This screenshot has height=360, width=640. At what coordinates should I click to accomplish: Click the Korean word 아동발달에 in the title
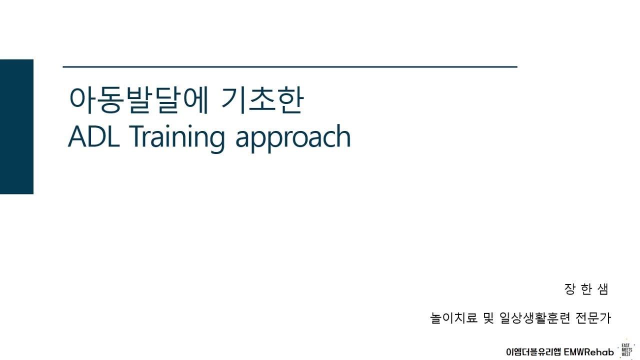tap(137, 101)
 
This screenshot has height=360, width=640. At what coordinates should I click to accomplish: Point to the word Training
tap(177, 137)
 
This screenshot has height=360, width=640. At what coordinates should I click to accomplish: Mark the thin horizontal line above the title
tap(290, 66)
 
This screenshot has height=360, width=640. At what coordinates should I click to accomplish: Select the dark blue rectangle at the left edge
tap(16, 126)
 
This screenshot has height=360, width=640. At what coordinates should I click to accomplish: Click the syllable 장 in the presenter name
tap(569, 289)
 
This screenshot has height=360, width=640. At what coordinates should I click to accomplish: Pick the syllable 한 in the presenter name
tap(586, 289)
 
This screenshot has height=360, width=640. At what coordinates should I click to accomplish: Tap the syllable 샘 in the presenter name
tap(602, 289)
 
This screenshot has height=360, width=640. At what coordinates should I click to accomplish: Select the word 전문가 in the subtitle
tap(593, 318)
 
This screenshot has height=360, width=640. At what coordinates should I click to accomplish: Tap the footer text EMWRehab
tap(589, 351)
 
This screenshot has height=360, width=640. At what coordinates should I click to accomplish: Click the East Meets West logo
tap(626, 350)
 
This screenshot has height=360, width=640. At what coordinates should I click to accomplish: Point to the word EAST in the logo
tap(626, 345)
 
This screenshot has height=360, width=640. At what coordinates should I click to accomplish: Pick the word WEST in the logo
tap(626, 354)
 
